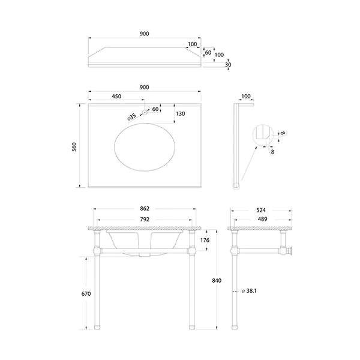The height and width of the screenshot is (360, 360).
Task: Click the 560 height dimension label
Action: pyautogui.click(x=74, y=147)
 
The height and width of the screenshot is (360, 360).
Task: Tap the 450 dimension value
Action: pyautogui.click(x=116, y=97)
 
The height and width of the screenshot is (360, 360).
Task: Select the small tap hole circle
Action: pyautogui.click(x=145, y=112)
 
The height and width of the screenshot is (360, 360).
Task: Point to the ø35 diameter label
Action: pyautogui.click(x=132, y=116)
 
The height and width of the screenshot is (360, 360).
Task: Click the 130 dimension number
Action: pyautogui.click(x=181, y=114)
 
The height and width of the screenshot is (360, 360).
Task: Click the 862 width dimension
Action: pyautogui.click(x=145, y=208)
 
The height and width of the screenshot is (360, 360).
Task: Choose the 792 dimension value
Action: pyautogui.click(x=145, y=220)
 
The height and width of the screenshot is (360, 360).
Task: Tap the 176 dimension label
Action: pyautogui.click(x=205, y=240)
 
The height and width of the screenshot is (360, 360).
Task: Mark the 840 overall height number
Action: pyautogui.click(x=217, y=281)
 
